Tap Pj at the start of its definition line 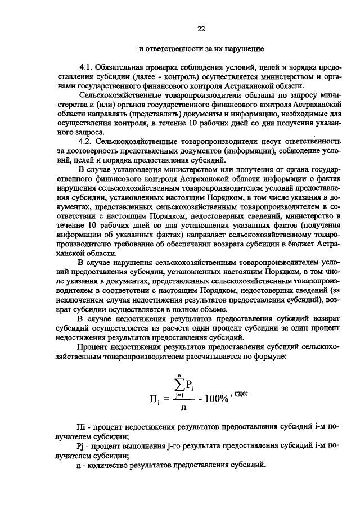(83, 446)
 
